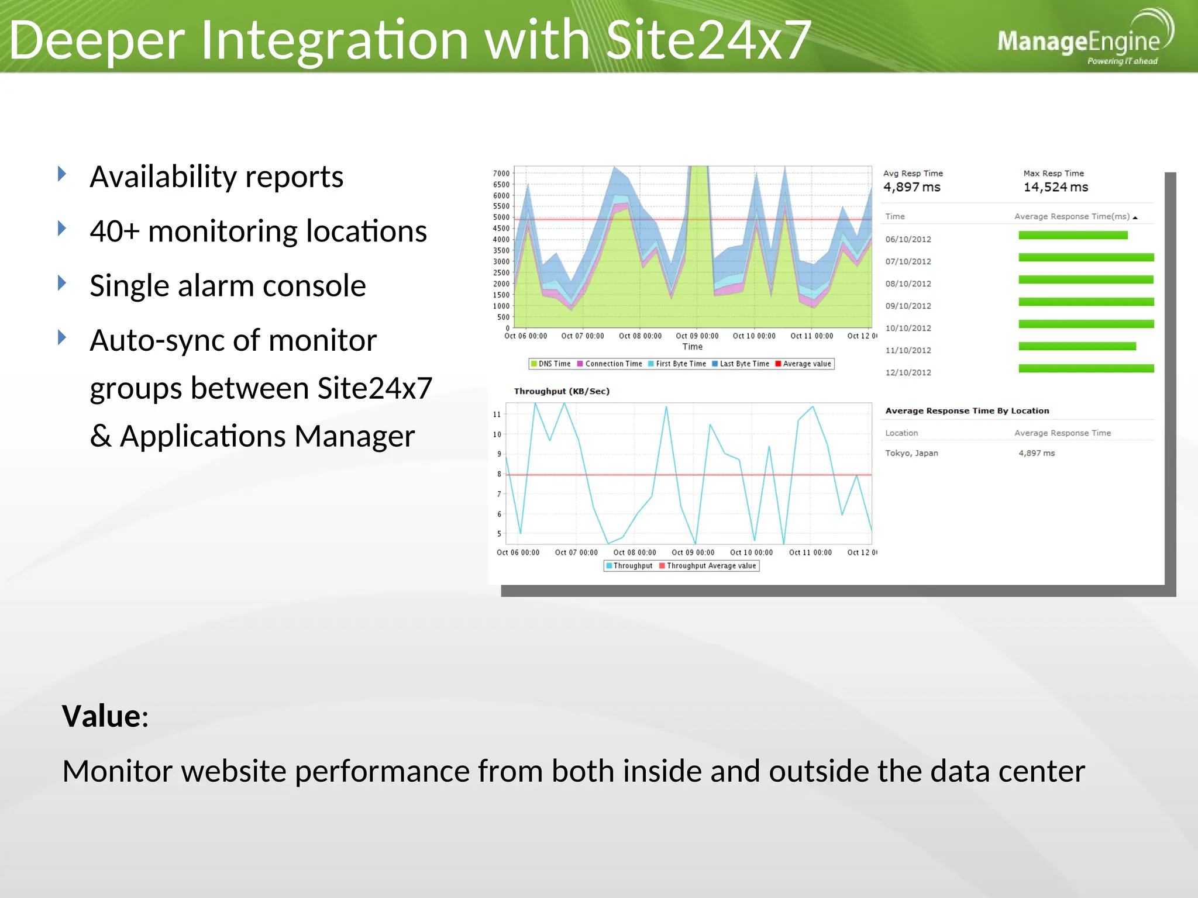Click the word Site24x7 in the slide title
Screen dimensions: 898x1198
coord(708,40)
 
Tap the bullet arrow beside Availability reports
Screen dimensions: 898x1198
coord(62,174)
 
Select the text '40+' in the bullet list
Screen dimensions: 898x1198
coord(115,231)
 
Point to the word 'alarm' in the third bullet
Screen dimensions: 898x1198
coord(217,286)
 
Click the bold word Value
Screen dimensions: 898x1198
coord(102,716)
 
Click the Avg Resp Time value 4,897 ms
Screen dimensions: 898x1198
coord(911,187)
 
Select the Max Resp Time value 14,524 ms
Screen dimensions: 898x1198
coord(1055,187)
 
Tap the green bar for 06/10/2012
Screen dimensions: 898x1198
coord(1073,235)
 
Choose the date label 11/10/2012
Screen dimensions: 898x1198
coord(908,350)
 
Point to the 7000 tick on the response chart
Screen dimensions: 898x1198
coord(501,174)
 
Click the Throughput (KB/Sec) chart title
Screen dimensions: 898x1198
coord(562,391)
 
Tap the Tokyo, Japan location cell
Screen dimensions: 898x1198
coord(911,453)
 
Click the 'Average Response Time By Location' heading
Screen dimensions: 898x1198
coord(967,411)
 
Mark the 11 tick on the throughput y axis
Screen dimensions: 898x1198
coord(497,415)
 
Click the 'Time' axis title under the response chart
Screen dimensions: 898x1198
coord(692,347)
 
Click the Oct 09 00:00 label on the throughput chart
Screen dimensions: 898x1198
coord(693,552)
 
